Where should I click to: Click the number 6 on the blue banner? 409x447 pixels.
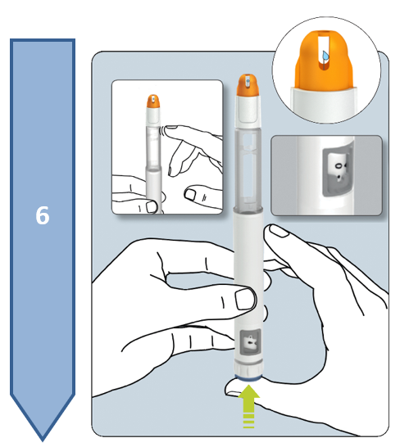coord(43,215)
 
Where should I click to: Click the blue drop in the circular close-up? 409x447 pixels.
coord(325,56)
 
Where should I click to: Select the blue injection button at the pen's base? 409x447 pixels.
coord(248,378)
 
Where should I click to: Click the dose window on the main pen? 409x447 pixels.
coord(250,342)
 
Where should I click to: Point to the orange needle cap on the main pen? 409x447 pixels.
coord(248,85)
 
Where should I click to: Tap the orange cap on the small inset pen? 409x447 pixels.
coord(153,102)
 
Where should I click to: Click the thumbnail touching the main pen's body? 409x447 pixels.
coord(245,300)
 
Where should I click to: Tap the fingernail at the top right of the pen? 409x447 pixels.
coord(279,231)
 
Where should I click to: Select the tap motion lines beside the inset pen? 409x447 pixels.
coord(161,130)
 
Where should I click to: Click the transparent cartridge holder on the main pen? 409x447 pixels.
coord(248,168)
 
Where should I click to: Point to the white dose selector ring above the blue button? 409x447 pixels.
coord(248,368)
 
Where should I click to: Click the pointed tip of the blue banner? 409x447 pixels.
coord(43,440)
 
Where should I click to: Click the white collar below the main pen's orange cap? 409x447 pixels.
coord(248,111)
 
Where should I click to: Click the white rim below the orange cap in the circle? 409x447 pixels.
coord(325,102)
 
